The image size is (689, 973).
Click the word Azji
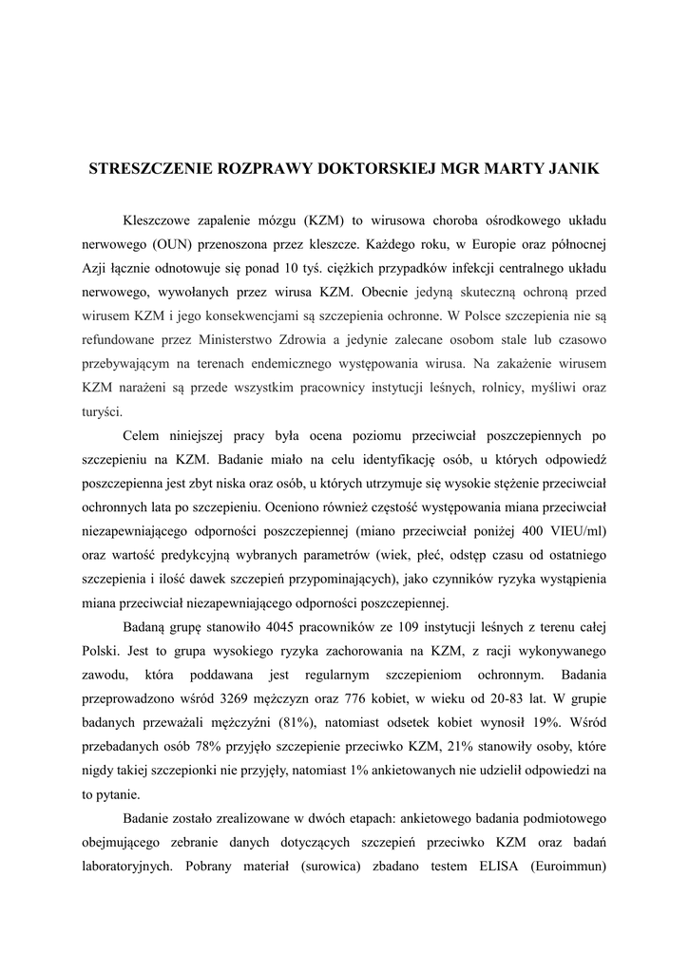(x=99, y=268)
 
